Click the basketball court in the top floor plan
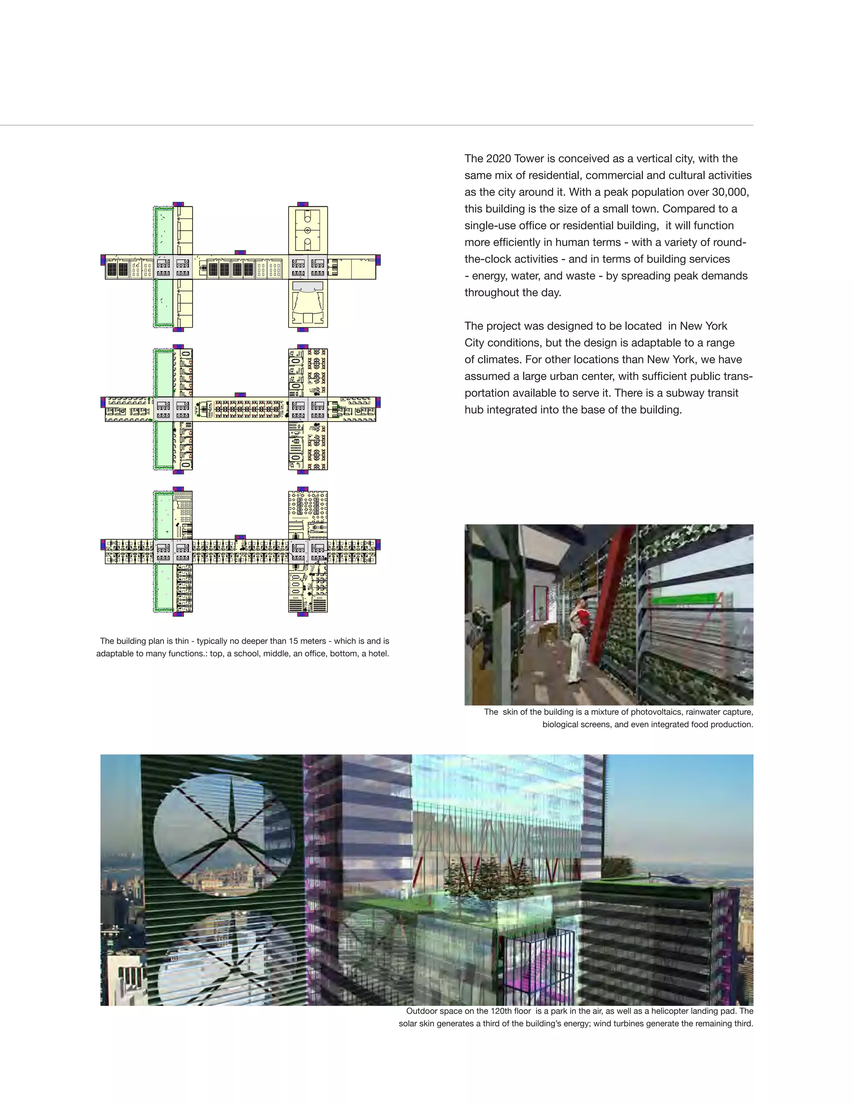tap(308, 230)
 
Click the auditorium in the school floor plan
tap(308, 304)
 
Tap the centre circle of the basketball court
tap(308, 230)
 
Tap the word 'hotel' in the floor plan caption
tap(378, 654)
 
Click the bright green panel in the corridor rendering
tap(683, 600)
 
